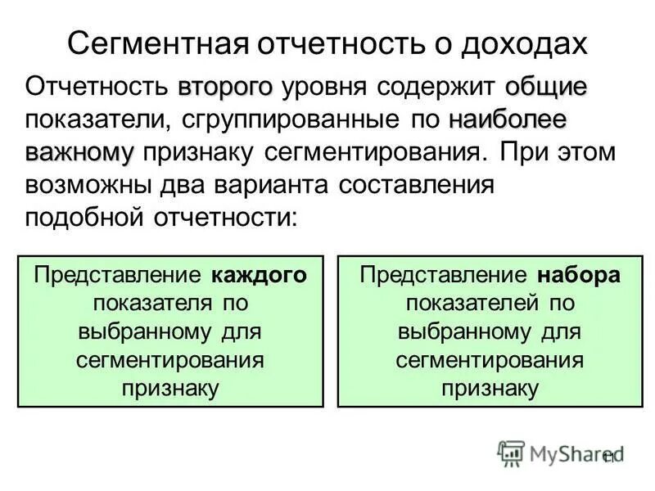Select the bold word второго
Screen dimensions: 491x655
pyautogui.click(x=224, y=87)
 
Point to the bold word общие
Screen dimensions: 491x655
pyautogui.click(x=545, y=87)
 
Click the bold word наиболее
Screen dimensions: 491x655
pyautogui.click(x=508, y=119)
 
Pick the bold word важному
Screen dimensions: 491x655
pyautogui.click(x=79, y=152)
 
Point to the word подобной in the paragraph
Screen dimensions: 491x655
pyautogui.click(x=84, y=218)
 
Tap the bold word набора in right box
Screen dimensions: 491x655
pyautogui.click(x=580, y=275)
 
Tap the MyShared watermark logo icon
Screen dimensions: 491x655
pyautogui.click(x=511, y=453)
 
